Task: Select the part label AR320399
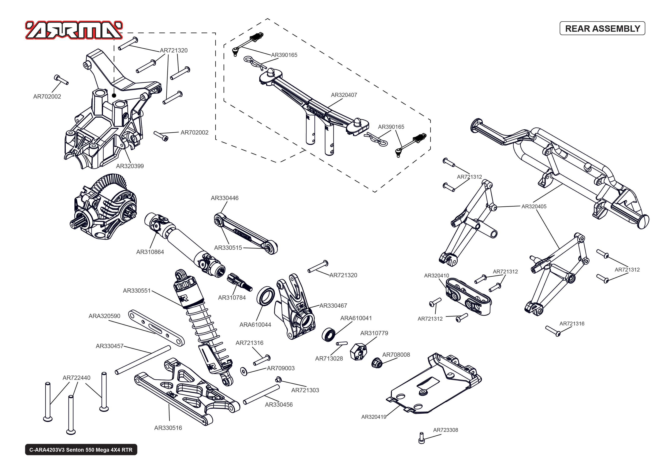130,166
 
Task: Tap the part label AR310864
150,252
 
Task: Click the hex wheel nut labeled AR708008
377,363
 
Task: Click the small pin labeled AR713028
342,343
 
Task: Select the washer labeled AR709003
244,371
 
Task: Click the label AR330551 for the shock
137,291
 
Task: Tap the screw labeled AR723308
421,438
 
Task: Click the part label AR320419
374,417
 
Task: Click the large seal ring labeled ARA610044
265,296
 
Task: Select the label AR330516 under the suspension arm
168,428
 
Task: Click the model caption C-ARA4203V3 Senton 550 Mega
81,450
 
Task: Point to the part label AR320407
344,95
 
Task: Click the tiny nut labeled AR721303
278,380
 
